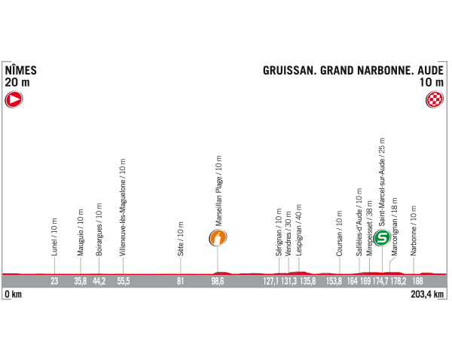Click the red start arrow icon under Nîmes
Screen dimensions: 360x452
(x=14, y=99)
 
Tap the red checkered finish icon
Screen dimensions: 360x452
(x=435, y=99)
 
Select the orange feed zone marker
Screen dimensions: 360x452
(x=218, y=238)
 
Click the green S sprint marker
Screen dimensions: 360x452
(x=383, y=237)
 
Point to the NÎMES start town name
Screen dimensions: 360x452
(x=21, y=70)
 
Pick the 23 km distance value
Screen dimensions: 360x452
(x=54, y=281)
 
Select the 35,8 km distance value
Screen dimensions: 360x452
(x=80, y=281)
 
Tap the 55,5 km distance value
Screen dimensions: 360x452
(x=123, y=281)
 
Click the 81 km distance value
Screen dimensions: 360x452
(x=180, y=281)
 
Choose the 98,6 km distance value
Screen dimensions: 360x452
(x=217, y=281)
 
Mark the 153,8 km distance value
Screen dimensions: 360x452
(x=334, y=281)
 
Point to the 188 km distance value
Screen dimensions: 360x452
(x=417, y=281)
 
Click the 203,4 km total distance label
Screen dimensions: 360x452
(x=429, y=294)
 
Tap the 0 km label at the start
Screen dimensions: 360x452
(x=13, y=294)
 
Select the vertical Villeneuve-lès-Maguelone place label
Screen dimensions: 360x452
(x=123, y=207)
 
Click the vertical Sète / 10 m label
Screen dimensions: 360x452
(x=181, y=238)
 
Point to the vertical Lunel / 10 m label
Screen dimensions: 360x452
(x=54, y=236)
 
